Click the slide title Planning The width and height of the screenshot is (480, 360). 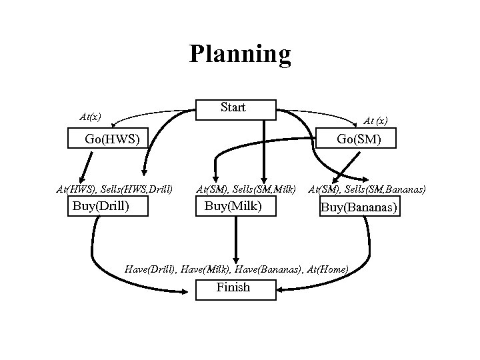(x=240, y=54)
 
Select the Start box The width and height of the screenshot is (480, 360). (x=234, y=108)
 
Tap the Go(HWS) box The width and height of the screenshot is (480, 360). (x=112, y=139)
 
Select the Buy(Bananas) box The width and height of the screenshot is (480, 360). (x=359, y=207)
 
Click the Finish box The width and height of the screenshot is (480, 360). (x=233, y=288)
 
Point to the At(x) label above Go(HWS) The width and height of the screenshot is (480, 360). (x=90, y=117)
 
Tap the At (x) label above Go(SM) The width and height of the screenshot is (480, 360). (x=375, y=121)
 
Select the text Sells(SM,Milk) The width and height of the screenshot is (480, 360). (x=267, y=190)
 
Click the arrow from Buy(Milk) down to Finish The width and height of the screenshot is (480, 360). (x=235, y=240)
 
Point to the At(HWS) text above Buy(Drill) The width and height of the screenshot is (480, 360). (x=77, y=190)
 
